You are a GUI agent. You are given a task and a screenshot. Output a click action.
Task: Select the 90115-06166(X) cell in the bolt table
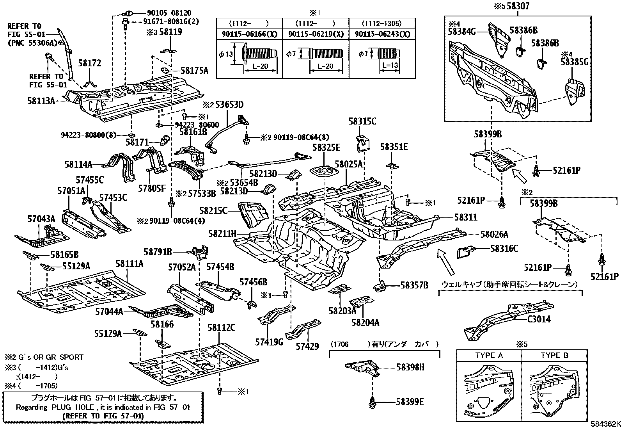[x=249, y=34]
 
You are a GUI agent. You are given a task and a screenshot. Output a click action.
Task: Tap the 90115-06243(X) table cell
[x=382, y=34]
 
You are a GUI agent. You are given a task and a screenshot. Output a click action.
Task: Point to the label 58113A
[x=41, y=101]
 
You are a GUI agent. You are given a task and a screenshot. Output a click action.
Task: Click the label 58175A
[x=194, y=71]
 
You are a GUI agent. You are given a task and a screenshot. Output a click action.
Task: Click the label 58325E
[x=326, y=147]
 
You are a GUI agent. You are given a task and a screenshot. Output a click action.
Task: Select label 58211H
[x=222, y=234]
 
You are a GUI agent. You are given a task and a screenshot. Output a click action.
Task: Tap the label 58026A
[x=494, y=234]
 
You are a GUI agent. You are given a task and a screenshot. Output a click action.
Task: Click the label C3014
[x=539, y=319]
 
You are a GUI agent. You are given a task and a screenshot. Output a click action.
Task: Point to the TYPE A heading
[x=489, y=355]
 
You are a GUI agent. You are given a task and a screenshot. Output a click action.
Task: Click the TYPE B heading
[x=555, y=355]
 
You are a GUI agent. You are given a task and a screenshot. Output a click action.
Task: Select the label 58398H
[x=410, y=367]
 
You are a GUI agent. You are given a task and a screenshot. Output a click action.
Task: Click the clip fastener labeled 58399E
[x=372, y=401]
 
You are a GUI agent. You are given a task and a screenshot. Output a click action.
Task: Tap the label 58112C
[x=221, y=328]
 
